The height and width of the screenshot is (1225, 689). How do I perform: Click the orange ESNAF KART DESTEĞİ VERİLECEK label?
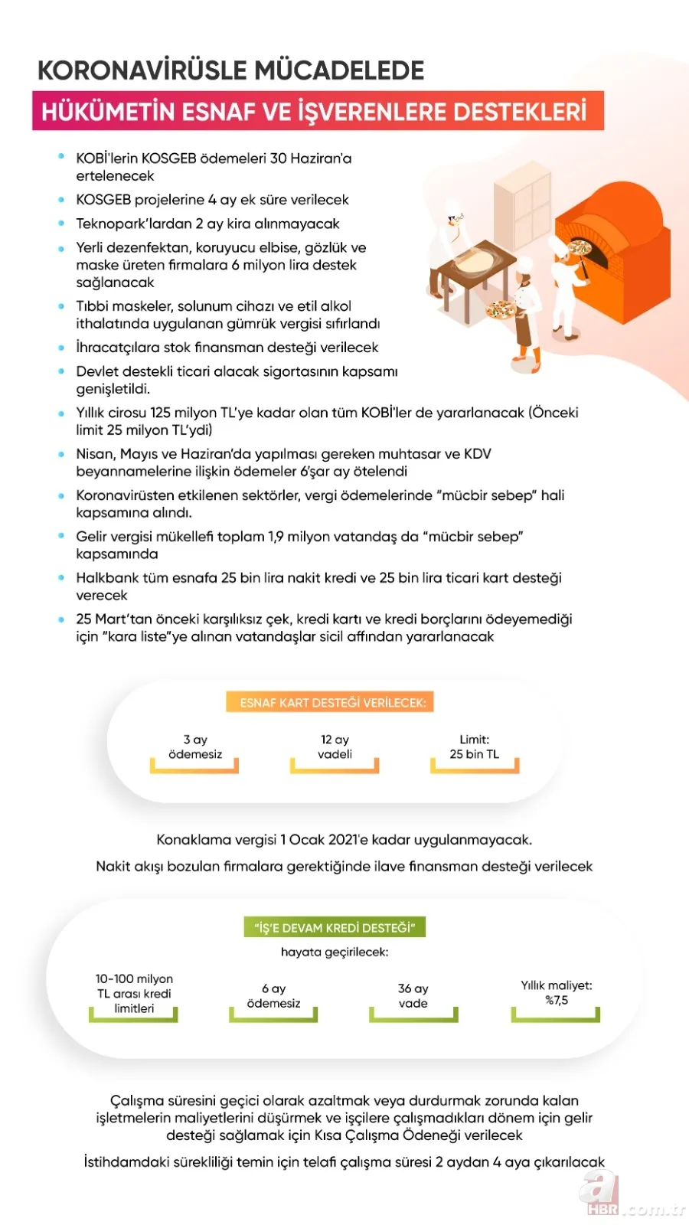pos(332,703)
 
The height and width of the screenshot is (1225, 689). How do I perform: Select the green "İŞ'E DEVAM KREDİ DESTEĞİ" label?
pos(335,928)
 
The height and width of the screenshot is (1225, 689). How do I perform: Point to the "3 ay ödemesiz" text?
pos(195,747)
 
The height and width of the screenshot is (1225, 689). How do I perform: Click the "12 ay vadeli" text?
pos(335,747)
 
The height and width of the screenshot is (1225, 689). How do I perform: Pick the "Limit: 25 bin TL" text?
pos(475,747)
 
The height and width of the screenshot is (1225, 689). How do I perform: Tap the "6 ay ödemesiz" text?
pos(273,996)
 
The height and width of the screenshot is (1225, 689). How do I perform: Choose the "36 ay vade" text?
pos(413,996)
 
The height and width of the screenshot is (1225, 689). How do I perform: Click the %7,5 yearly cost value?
pos(557,1001)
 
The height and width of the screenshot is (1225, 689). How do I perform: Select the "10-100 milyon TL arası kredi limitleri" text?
pos(134,994)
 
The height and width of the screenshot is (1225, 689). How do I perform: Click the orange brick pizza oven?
pos(605,237)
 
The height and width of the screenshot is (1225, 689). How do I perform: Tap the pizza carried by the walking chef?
pos(501,310)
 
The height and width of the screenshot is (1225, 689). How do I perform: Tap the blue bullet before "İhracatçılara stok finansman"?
pos(61,348)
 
